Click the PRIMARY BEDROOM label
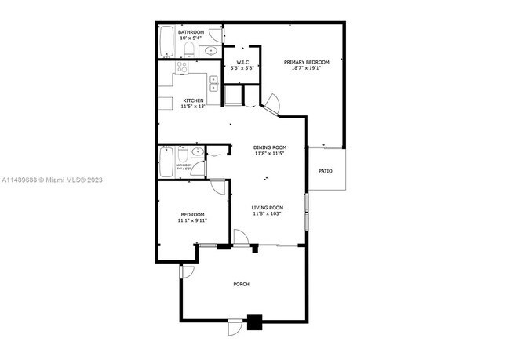pyautogui.click(x=306, y=62)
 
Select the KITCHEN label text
pyautogui.click(x=194, y=100)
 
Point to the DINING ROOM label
pyautogui.click(x=269, y=147)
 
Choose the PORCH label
pyautogui.click(x=241, y=284)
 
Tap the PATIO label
pyautogui.click(x=325, y=170)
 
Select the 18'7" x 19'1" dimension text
pyautogui.click(x=306, y=68)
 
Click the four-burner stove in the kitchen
pyautogui.click(x=182, y=68)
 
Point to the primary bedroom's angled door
pyautogui.click(x=271, y=102)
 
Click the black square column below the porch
pyautogui.click(x=254, y=321)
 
